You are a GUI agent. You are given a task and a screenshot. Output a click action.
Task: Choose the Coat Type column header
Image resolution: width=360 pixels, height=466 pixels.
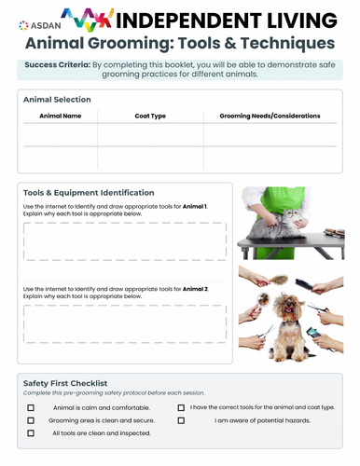click(144, 116)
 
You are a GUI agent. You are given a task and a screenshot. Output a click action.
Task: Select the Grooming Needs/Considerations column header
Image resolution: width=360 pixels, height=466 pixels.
click(270, 116)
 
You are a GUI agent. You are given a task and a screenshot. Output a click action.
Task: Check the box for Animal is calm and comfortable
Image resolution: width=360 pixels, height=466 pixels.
click(31, 408)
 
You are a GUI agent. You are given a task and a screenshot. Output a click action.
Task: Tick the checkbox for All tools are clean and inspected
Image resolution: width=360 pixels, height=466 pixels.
click(31, 433)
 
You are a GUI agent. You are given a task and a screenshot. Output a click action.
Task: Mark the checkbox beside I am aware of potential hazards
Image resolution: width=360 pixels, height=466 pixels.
click(181, 420)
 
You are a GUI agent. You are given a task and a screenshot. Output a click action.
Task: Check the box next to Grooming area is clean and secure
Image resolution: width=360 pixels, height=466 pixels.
click(31, 420)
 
